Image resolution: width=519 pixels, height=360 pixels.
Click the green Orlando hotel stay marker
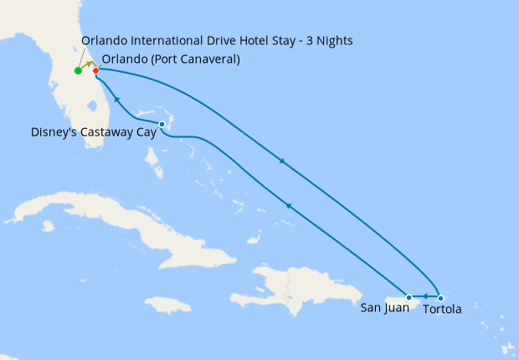[78, 70]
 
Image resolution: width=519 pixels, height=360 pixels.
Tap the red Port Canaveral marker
[96, 70]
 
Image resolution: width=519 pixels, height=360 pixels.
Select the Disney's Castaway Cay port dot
[162, 125]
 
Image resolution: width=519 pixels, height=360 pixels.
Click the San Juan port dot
[409, 297]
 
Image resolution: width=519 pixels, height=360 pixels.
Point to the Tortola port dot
[441, 298]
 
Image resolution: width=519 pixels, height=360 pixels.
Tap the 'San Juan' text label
[385, 308]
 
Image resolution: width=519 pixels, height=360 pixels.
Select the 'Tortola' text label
[442, 309]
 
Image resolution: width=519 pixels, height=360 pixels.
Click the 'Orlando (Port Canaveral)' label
[170, 59]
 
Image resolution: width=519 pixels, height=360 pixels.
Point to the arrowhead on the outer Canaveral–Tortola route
[282, 162]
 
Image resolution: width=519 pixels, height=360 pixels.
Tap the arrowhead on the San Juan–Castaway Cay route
[288, 205]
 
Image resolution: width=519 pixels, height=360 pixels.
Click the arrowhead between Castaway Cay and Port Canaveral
[116, 100]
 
